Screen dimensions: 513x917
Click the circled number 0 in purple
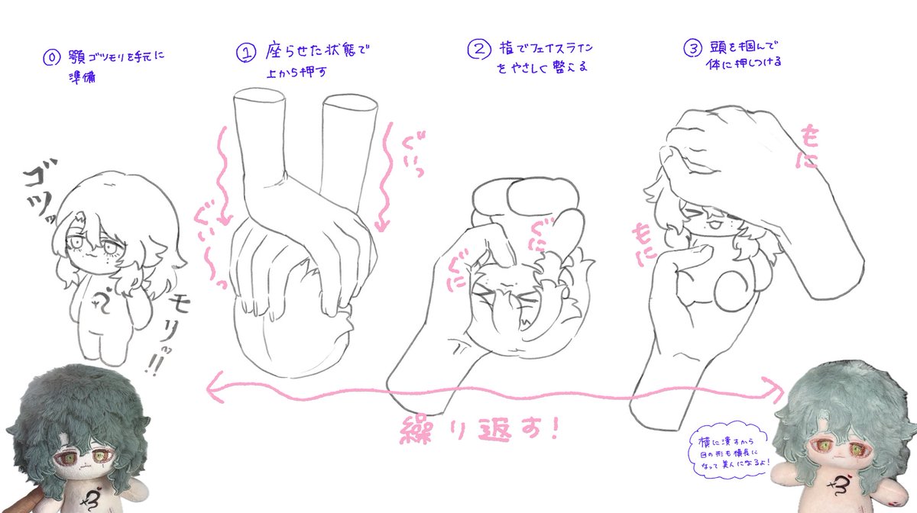pos(50,57)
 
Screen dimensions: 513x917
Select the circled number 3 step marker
pos(692,49)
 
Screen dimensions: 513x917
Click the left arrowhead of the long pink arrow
pos(212,390)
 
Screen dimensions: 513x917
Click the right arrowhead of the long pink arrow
pos(779,392)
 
